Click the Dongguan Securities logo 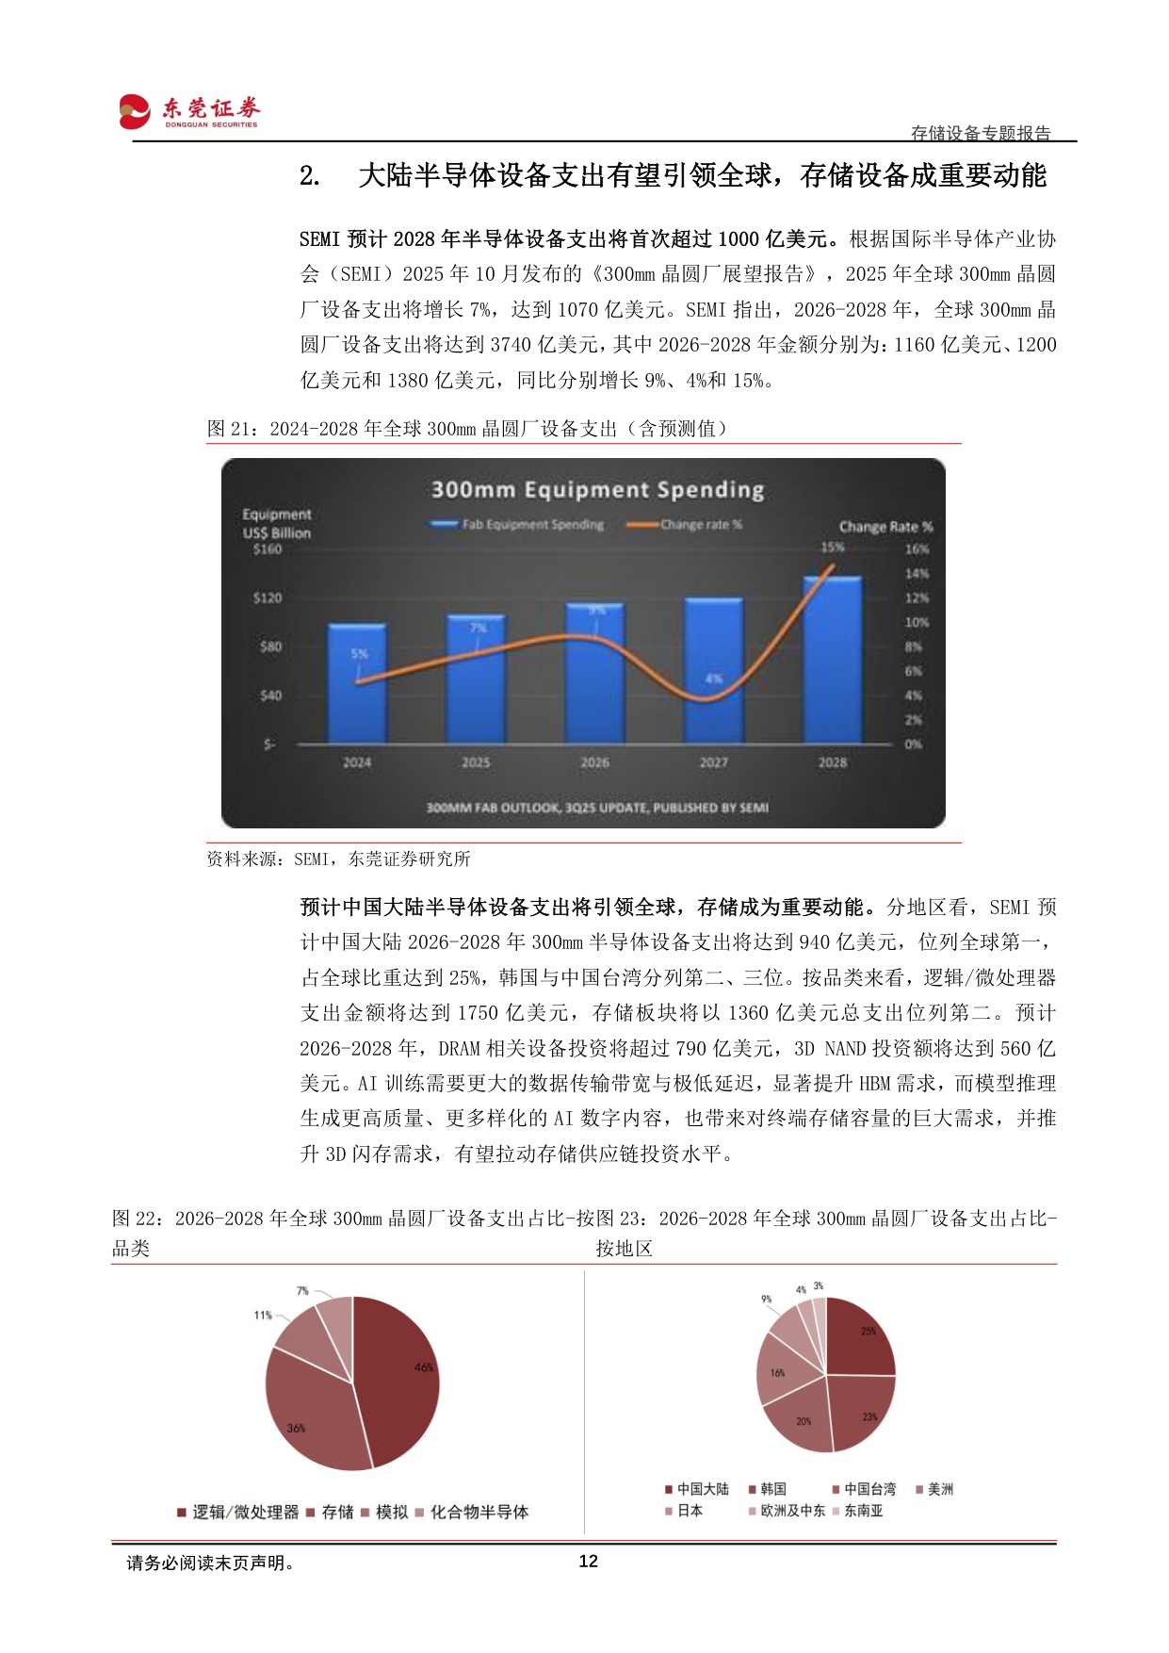coord(188,111)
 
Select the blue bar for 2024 coord(357,683)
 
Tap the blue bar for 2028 coord(832,660)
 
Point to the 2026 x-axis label coord(594,762)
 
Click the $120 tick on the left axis coord(268,597)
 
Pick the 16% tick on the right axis coord(917,548)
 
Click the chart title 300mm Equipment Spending coord(597,490)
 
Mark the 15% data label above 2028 coord(832,548)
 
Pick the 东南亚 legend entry coord(863,1510)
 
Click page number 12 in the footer coord(588,1562)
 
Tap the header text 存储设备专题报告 coord(981,133)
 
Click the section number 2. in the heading coord(310,176)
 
